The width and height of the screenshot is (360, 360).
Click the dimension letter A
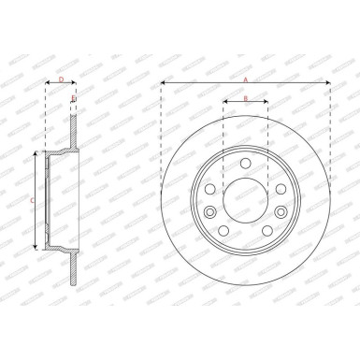tap(246, 79)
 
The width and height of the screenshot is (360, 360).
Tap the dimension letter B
tap(245, 98)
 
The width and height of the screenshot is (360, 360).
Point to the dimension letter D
tap(61, 79)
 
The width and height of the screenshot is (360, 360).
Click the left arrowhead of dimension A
tap(164, 83)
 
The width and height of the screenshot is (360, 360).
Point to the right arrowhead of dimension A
tap(328, 83)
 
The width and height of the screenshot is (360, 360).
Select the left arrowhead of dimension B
tap(224, 103)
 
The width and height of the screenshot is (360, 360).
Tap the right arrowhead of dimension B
tap(266, 103)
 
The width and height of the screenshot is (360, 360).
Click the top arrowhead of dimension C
tap(36, 152)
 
